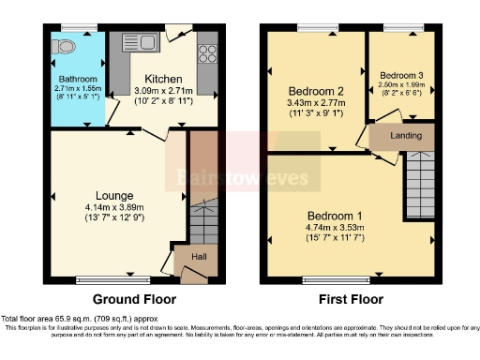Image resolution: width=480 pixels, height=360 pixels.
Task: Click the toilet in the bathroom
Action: (x=66, y=45)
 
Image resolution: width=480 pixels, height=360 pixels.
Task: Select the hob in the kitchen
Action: (x=207, y=52)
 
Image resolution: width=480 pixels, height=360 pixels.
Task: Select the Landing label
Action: (x=406, y=136)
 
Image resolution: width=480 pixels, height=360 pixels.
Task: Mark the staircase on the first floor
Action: (x=419, y=184)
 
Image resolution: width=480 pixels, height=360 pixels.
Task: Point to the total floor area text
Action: (x=80, y=319)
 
